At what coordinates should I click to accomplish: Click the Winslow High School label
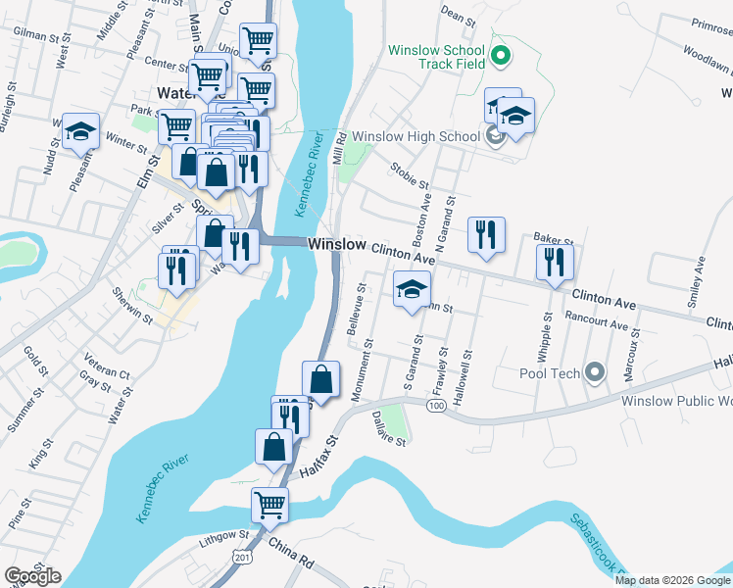pyautogui.click(x=415, y=136)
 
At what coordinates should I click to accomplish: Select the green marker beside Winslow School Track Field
pyautogui.click(x=501, y=55)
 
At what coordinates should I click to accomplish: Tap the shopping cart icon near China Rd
pyautogui.click(x=270, y=505)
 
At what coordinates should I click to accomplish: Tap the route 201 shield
pyautogui.click(x=240, y=557)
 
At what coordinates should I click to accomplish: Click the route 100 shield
pyautogui.click(x=437, y=405)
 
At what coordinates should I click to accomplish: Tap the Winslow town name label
pyautogui.click(x=337, y=244)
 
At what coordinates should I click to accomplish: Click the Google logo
pyautogui.click(x=33, y=576)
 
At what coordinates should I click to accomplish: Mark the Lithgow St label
pyautogui.click(x=224, y=536)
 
